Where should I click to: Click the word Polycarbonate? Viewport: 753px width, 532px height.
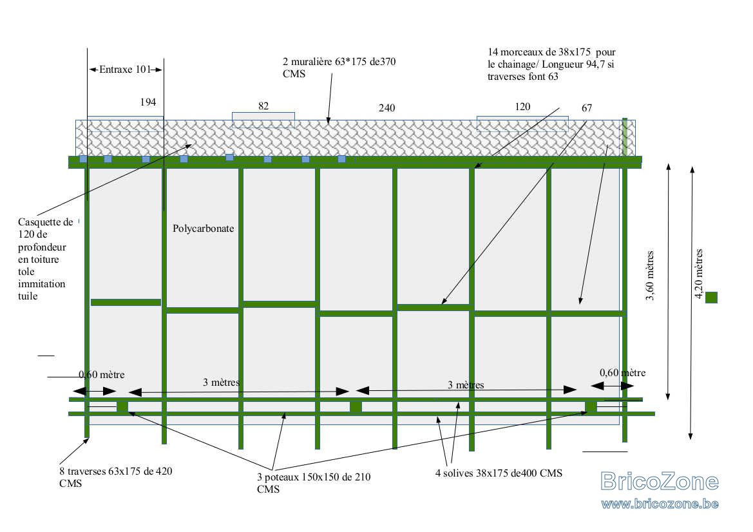click(203, 229)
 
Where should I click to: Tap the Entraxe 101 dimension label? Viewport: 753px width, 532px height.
click(126, 69)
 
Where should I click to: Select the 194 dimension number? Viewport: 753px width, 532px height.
click(148, 102)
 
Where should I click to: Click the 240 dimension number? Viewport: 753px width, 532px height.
click(386, 108)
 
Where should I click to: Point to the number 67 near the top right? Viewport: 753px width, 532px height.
click(587, 108)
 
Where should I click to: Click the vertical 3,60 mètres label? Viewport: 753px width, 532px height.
click(650, 276)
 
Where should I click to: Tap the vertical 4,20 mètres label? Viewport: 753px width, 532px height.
click(699, 274)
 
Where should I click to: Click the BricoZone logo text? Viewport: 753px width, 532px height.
click(660, 481)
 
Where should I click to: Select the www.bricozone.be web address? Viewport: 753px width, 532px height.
click(660, 503)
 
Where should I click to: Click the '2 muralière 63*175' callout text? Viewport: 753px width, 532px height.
click(339, 67)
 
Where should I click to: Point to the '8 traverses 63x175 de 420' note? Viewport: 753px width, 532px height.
click(116, 477)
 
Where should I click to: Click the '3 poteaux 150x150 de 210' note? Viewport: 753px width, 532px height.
click(314, 483)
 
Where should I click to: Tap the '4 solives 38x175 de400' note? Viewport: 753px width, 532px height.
click(499, 473)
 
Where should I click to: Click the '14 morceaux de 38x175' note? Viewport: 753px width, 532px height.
click(552, 64)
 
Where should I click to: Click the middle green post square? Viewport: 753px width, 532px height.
click(356, 406)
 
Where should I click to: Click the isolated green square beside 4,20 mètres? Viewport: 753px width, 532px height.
click(711, 297)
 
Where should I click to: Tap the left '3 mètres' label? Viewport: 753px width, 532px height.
click(221, 382)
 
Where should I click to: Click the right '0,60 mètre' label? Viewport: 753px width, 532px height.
click(622, 372)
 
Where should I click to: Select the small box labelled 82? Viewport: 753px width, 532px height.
click(263, 120)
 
